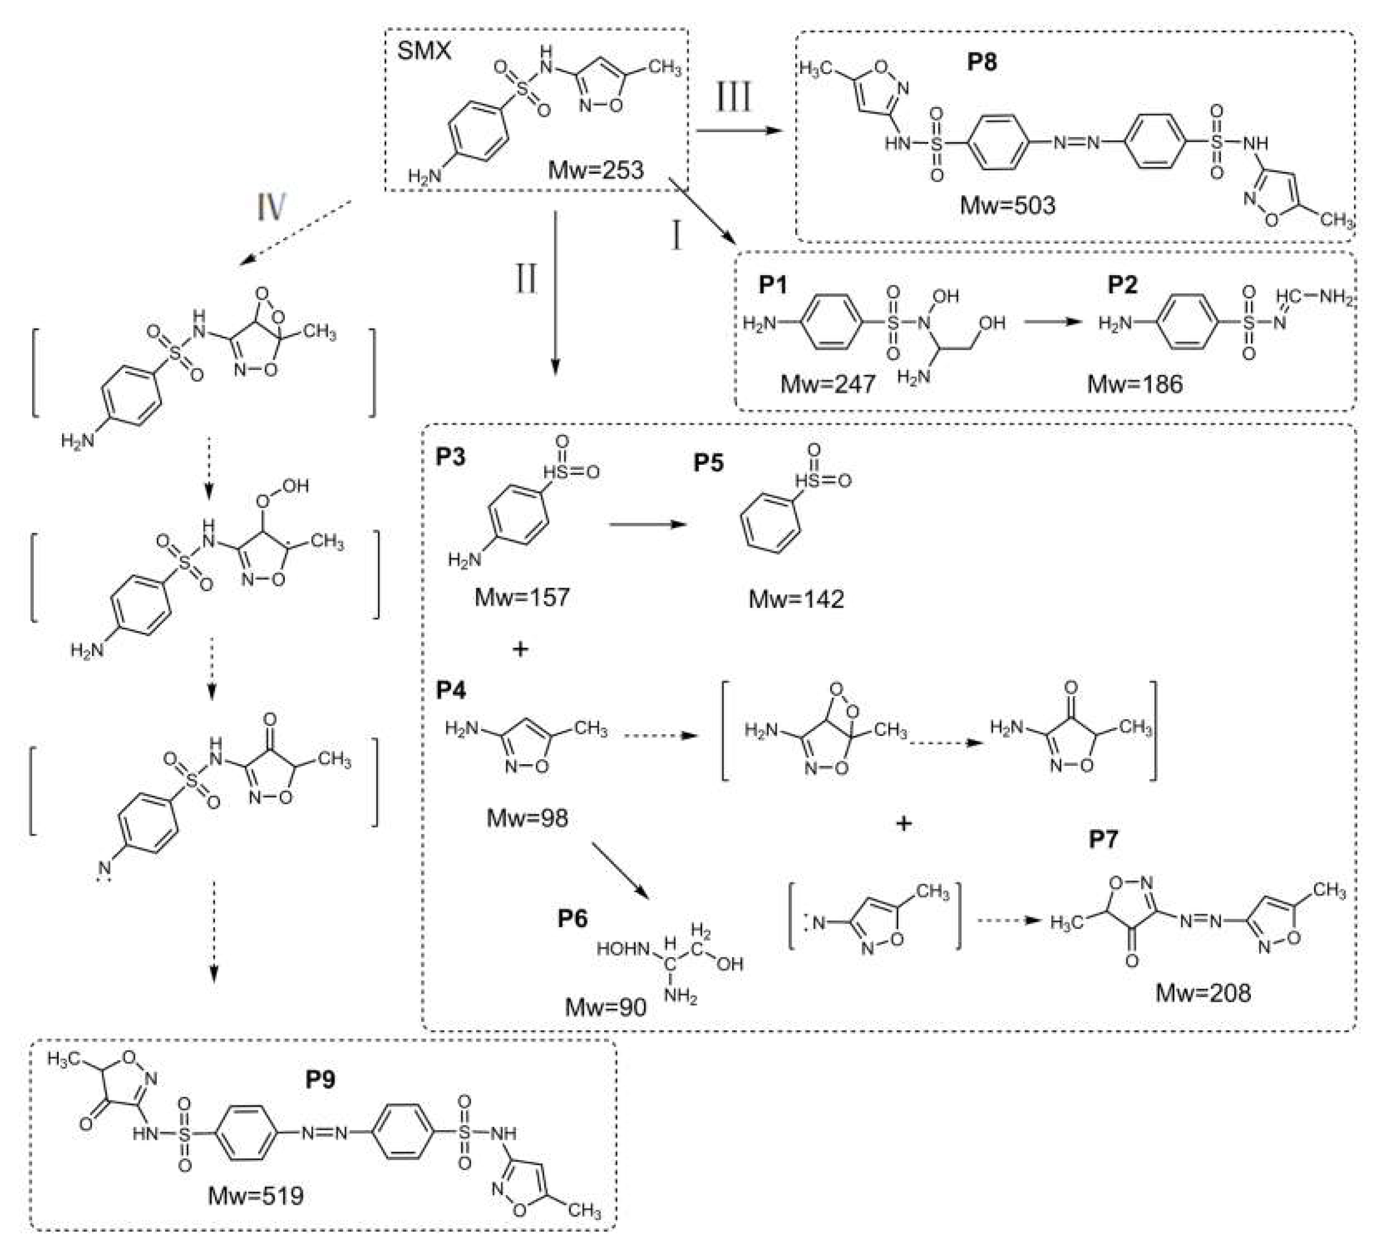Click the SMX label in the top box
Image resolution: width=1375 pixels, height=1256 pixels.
[x=424, y=51]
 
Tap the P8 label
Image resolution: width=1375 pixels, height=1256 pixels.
[x=981, y=62]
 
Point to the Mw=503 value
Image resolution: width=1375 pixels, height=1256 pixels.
[x=1007, y=205]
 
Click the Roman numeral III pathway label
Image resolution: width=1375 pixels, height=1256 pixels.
[x=734, y=97]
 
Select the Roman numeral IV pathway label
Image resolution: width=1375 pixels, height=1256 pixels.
[x=271, y=206]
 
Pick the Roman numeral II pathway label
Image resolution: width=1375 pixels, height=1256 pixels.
[x=525, y=279]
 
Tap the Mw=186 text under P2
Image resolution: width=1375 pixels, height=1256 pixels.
[x=1135, y=384]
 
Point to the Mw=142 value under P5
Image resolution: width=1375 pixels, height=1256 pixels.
[x=796, y=600]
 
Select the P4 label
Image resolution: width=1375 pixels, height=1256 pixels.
[x=451, y=691]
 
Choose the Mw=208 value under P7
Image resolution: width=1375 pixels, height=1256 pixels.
[x=1203, y=993]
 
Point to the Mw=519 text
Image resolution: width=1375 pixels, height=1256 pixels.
[x=255, y=1195]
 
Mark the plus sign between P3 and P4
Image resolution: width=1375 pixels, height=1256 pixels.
[x=520, y=649]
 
